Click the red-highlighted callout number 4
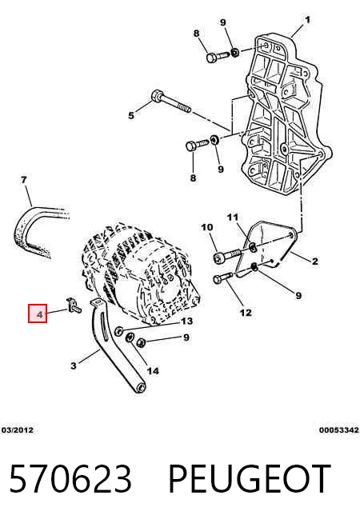pos(39,314)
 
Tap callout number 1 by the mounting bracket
pos(307,20)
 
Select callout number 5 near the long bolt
pos(131,115)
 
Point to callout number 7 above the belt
pos(24,180)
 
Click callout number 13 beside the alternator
pos(186,321)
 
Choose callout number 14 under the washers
pos(153,370)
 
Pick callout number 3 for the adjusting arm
pos(74,365)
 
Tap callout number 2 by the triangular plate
pos(315,261)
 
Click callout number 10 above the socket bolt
pos(207,227)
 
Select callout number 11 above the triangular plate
pos(233,218)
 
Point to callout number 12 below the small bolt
pos(246,313)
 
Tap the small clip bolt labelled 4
pos(74,305)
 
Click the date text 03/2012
pos(18,430)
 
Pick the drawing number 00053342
pos(339,430)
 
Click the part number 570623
pos(70,479)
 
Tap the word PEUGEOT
pos(250,479)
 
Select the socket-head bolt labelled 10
pos(227,256)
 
